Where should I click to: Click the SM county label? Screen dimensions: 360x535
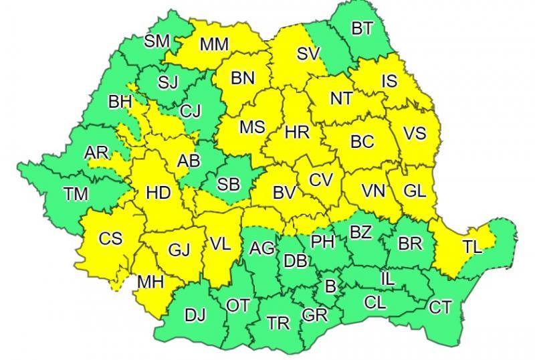pyautogui.click(x=157, y=41)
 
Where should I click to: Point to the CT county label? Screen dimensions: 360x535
pyautogui.click(x=440, y=307)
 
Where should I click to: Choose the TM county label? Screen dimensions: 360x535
pyautogui.click(x=76, y=194)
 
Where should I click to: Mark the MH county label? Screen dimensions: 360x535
pyautogui.click(x=150, y=282)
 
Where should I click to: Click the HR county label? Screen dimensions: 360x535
pyautogui.click(x=296, y=132)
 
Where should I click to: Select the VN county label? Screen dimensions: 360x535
pyautogui.click(x=373, y=191)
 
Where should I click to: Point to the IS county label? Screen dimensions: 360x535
pyautogui.click(x=389, y=81)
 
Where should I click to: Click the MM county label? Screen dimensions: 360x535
pyautogui.click(x=215, y=44)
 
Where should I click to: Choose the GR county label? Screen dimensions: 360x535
pyautogui.click(x=314, y=314)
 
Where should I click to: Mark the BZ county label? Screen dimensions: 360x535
pyautogui.click(x=360, y=232)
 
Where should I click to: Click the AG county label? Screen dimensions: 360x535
pyautogui.click(x=261, y=248)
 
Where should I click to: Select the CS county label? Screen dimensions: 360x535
pyautogui.click(x=110, y=238)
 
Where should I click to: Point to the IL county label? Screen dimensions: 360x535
pyautogui.click(x=387, y=276)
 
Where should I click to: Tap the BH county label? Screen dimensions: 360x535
pyautogui.click(x=120, y=102)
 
